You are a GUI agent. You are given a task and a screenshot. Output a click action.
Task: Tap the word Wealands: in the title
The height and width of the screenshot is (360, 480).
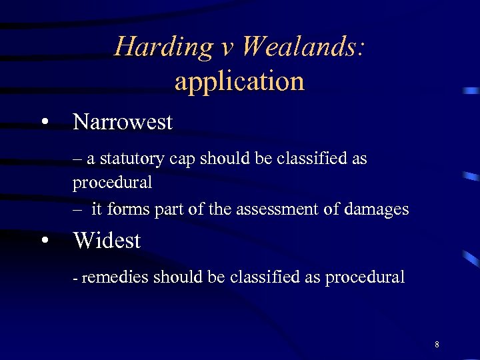[303, 47]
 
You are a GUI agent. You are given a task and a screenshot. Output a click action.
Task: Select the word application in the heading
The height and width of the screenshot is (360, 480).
[239, 81]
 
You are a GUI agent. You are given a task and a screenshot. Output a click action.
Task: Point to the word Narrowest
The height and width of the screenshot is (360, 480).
[123, 122]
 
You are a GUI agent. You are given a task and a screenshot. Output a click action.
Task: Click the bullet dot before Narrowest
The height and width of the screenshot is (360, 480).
[44, 123]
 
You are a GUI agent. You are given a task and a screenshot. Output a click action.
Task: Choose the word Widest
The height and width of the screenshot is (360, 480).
[107, 240]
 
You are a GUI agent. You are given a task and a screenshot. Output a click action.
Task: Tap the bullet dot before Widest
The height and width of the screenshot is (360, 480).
[44, 241]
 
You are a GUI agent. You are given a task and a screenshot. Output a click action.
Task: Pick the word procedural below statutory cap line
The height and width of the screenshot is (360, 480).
[113, 182]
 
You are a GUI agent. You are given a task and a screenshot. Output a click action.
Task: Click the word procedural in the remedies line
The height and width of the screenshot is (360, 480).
[365, 278]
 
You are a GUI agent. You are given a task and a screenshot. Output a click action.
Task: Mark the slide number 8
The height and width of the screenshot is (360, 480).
[437, 345]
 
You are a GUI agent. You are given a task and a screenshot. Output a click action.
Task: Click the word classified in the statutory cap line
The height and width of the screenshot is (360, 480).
[313, 159]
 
